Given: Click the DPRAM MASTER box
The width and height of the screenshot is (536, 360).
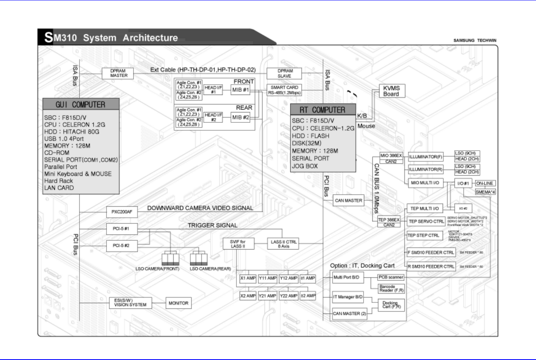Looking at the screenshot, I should pos(119,74).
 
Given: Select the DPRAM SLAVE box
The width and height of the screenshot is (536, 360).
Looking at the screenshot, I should pos(284,74).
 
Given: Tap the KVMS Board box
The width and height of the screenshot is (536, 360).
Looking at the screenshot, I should pos(391,91).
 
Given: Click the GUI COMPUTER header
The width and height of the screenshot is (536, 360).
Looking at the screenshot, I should pos(81,105).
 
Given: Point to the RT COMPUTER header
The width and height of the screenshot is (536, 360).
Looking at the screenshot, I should pos(323,110).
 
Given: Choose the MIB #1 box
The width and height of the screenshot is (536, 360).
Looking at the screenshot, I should pos(240,90).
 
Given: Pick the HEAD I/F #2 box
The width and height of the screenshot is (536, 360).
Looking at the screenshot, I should pos(213,117).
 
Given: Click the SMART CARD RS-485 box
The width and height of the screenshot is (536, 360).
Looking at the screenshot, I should pos(284,90).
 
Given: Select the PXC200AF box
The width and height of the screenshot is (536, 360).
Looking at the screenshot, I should pos(122,212).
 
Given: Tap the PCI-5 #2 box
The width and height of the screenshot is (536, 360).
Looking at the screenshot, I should pos(121,246).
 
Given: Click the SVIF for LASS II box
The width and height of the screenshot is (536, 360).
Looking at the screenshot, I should pos(238,244).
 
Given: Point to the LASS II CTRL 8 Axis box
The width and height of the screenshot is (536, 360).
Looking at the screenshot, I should pos(283,244).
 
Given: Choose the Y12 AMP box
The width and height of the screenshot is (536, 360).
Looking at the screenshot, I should pos(288,278).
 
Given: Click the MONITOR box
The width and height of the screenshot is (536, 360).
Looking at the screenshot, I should pos(178,303).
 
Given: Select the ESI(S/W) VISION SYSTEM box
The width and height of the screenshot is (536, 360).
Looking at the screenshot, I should pos(130,303).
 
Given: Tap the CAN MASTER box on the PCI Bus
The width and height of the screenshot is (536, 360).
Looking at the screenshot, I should pos(348,201).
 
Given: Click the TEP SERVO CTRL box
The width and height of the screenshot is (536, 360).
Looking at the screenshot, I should pos(426,221).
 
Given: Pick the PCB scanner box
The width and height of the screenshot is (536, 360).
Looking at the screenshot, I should pos(391,277).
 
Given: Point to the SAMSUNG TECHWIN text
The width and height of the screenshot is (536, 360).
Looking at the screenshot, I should pos(475,41).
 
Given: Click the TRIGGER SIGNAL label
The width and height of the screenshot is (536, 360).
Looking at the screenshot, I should pos(213,225).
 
